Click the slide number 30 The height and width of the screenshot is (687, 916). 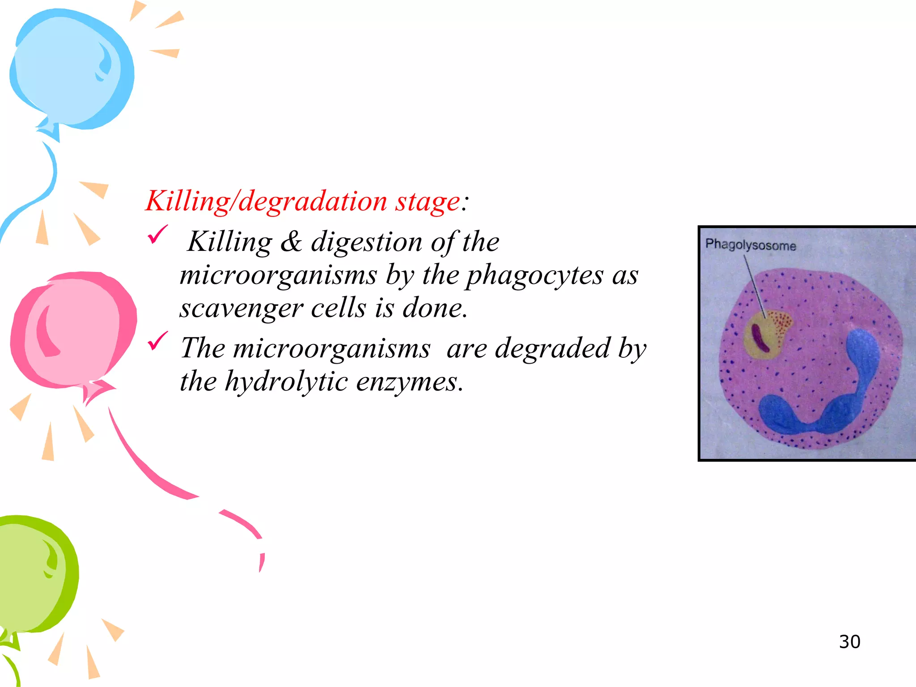[x=849, y=641]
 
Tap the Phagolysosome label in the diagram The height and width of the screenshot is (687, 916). [x=751, y=245]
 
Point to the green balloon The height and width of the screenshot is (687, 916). [x=36, y=575]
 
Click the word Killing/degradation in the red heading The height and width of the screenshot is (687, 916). [x=267, y=201]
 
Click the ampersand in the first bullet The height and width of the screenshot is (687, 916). [x=291, y=242]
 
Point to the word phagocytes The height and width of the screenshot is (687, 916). [x=534, y=275]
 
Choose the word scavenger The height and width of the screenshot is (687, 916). [x=241, y=308]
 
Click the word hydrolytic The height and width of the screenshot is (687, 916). [x=286, y=382]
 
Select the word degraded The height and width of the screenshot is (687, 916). [x=552, y=348]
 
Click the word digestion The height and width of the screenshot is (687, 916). [x=366, y=242]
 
